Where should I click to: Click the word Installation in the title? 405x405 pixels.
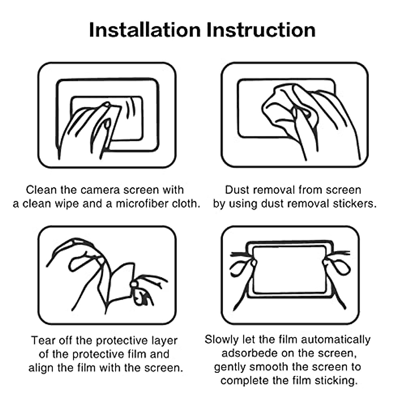tap(145, 30)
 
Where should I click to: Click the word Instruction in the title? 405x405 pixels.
tap(261, 30)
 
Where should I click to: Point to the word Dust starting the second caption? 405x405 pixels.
tap(237, 190)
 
